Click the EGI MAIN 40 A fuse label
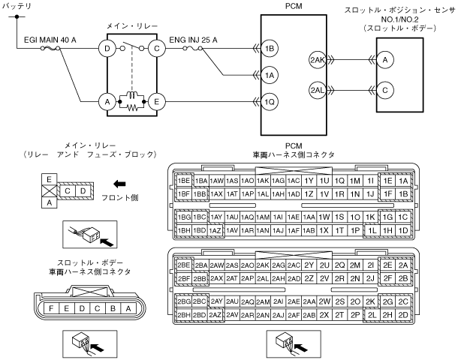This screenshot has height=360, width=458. pos(50,40)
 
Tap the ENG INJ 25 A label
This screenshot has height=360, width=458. pos(194,40)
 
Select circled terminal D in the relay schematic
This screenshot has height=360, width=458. pos(107,49)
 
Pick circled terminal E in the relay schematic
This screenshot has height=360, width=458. pos(157,101)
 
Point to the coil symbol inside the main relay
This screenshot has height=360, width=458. pos(131,95)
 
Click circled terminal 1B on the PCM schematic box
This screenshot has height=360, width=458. pos(270,49)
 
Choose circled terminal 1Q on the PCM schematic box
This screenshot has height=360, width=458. pos(270,102)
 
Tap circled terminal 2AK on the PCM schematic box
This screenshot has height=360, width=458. pos(318,60)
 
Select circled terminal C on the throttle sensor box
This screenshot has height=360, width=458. pos(385,90)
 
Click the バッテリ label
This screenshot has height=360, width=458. pos(17,6)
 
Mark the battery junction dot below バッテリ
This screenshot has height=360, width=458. pos(17,17)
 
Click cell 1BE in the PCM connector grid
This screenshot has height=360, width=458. pos(184,181)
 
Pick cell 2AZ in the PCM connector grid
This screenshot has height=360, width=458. pos(216,315)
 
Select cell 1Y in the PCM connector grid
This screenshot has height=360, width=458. pos(309,181)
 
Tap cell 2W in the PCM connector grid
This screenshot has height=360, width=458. pos(324,301)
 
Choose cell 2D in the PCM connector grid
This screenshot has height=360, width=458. pos(403,315)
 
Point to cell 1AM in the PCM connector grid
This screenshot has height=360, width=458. pos(263,217)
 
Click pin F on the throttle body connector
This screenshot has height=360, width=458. pos(51,308)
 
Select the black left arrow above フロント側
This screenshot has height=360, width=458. pos(119,184)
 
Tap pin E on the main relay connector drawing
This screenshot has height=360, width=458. pos(49,179)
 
